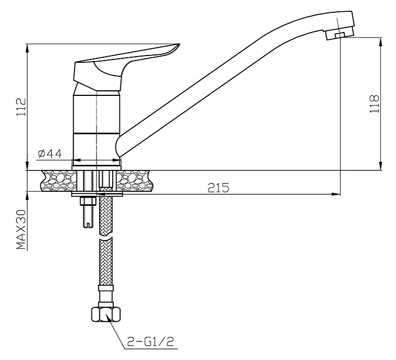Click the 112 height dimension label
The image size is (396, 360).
(x=21, y=107)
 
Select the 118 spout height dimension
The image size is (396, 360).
(x=374, y=104)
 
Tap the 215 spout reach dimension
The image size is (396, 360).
(x=218, y=188)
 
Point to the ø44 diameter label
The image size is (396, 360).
(x=50, y=154)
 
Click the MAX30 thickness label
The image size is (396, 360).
(x=21, y=229)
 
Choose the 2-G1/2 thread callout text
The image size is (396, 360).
(x=151, y=342)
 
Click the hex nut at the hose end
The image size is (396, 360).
(x=106, y=314)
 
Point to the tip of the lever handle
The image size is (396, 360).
(x=179, y=45)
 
